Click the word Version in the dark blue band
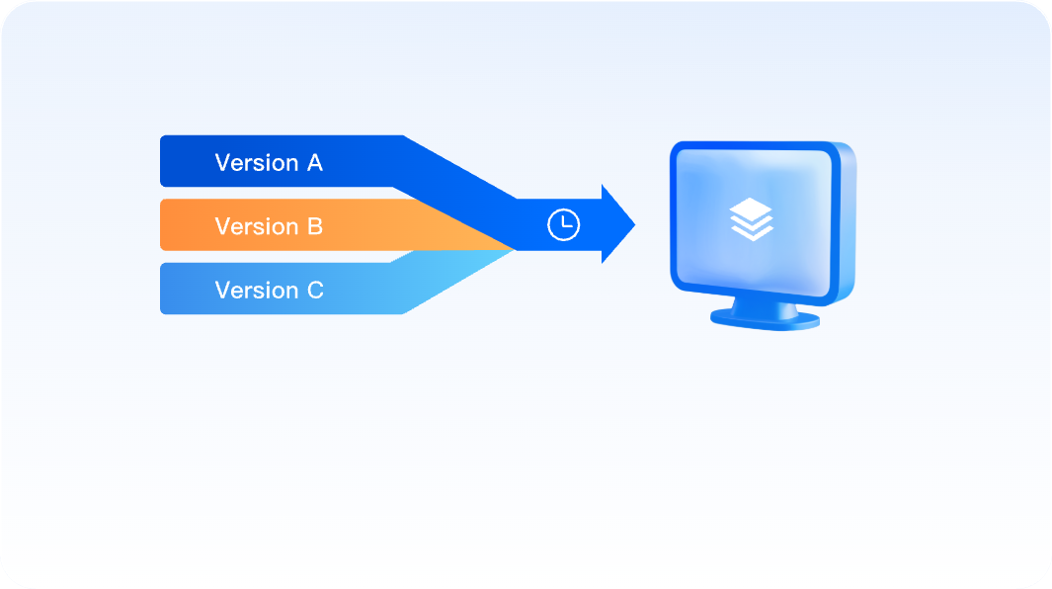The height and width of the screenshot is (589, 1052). pos(256,162)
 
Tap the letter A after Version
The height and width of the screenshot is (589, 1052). pos(314,162)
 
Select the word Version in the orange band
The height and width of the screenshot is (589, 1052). pos(256,226)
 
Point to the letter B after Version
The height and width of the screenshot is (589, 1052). pos(314,226)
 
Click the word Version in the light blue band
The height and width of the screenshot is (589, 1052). pos(256,290)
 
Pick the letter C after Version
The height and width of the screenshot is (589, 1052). pos(314,290)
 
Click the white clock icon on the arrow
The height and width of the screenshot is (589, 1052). pos(563,224)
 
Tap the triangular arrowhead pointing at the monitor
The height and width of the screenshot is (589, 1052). pos(616,224)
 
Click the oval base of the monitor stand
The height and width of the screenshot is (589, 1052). pos(765,320)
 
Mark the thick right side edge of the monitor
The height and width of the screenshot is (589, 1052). pos(848,222)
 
